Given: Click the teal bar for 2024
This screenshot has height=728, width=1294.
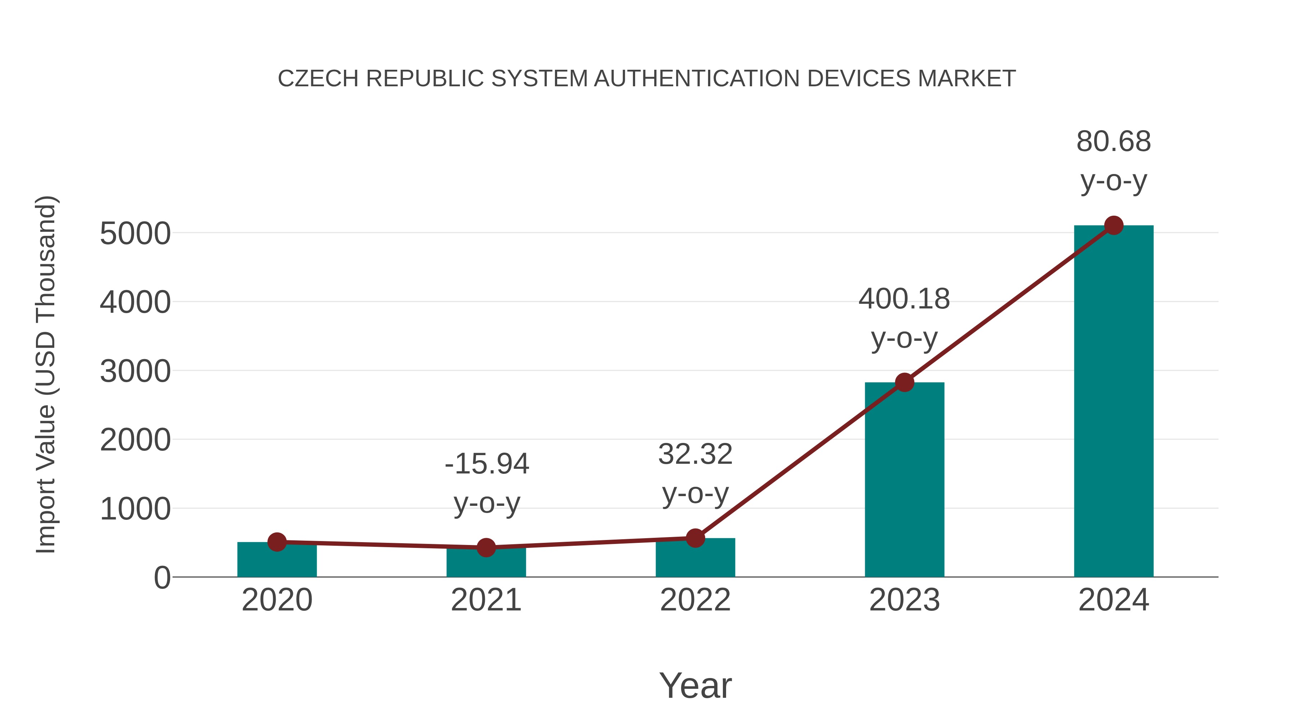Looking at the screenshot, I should click(x=1113, y=402).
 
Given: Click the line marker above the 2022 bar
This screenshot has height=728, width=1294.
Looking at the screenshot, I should click(x=695, y=538).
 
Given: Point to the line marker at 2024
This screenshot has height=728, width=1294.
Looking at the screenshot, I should click(x=1114, y=225).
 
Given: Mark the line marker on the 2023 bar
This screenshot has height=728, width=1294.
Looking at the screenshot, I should click(x=904, y=383).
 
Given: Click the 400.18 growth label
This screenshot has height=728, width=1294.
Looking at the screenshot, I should click(x=904, y=299).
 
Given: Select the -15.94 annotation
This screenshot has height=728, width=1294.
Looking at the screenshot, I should click(x=487, y=464).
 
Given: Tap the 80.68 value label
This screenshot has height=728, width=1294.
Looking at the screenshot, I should click(x=1113, y=142).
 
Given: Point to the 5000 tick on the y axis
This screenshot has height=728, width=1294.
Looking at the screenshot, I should click(x=135, y=234).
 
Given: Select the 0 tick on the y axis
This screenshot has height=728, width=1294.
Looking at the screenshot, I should click(x=162, y=578).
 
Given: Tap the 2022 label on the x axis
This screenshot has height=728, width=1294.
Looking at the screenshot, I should click(x=695, y=600).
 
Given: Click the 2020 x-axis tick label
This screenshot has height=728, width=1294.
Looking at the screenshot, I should click(x=277, y=600).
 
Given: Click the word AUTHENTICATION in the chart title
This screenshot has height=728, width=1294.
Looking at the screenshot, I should click(x=697, y=79).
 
